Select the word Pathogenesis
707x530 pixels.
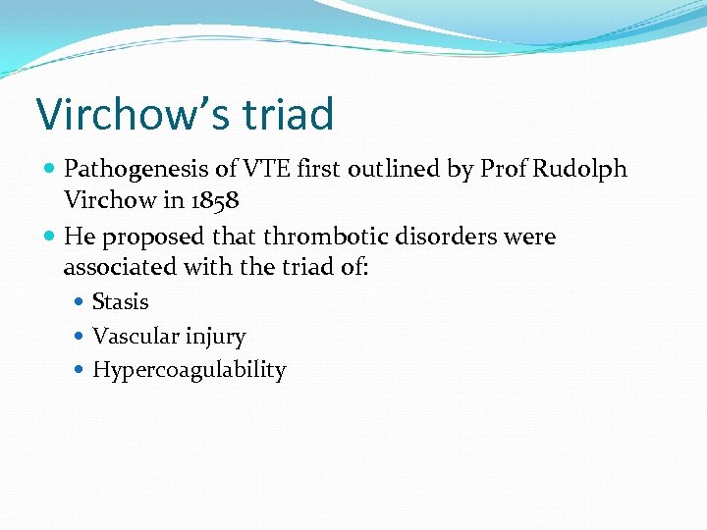(135, 170)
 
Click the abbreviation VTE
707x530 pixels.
(264, 170)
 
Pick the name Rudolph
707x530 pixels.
(579, 170)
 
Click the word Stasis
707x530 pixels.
(120, 302)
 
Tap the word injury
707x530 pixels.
(213, 337)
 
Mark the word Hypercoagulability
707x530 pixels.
(189, 370)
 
